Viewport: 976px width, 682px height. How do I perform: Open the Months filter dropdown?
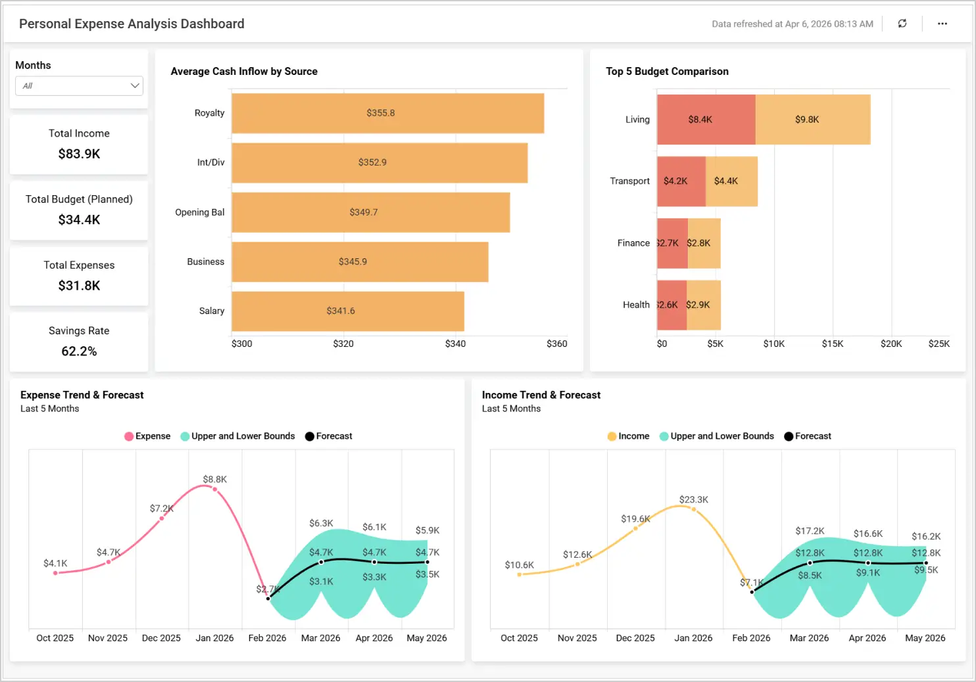click(79, 86)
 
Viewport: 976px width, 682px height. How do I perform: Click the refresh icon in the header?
click(902, 24)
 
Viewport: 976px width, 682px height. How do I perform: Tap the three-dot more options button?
click(942, 24)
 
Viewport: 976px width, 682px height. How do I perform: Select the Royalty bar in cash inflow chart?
click(387, 113)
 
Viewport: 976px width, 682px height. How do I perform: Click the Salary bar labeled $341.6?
click(347, 311)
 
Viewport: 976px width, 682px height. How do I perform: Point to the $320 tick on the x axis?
click(343, 344)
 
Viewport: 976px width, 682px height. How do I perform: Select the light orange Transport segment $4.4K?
click(731, 181)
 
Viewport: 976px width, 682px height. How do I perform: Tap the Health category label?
click(636, 305)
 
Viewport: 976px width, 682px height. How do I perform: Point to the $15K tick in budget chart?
click(833, 344)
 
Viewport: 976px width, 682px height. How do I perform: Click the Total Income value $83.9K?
click(79, 154)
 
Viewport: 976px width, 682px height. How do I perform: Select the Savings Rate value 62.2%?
click(79, 352)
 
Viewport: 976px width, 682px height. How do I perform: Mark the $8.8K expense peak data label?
click(214, 480)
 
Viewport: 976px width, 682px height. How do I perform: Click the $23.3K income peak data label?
click(693, 500)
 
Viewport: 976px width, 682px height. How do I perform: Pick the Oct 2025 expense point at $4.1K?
click(55, 573)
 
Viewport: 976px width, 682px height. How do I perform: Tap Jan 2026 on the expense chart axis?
click(214, 638)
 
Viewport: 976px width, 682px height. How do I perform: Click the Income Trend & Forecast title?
click(541, 395)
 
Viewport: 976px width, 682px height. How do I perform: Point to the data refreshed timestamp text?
click(792, 24)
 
